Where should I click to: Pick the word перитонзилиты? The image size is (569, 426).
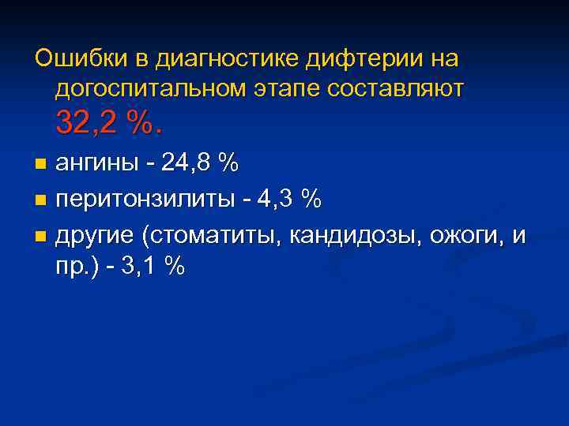[144, 200]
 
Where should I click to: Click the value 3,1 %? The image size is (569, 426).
[153, 267]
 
